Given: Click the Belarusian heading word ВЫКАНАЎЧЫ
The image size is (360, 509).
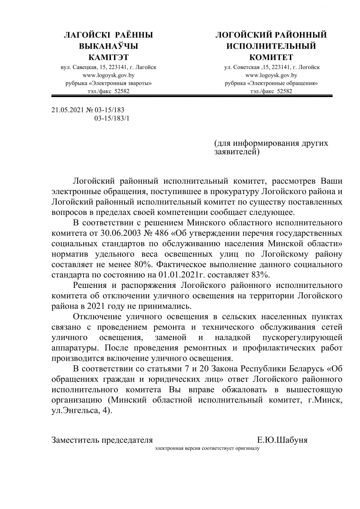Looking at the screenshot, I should (109, 46).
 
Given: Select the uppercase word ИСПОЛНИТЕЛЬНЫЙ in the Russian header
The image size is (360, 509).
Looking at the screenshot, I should (271, 46).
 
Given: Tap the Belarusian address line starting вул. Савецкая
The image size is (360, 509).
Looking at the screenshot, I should (108, 67).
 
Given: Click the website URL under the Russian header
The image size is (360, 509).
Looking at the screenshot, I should (271, 75).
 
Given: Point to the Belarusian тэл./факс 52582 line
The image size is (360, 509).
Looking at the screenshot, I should (108, 91).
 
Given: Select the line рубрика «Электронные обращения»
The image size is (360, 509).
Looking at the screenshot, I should (271, 83).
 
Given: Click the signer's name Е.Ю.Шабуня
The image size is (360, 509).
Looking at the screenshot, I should (282, 440).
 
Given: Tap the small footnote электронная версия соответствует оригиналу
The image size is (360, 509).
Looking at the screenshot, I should (207, 448).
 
